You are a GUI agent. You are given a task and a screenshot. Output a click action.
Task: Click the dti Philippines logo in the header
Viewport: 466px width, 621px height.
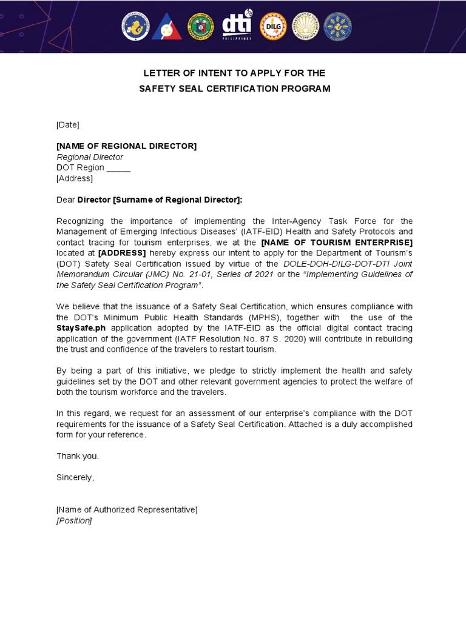[x=237, y=27]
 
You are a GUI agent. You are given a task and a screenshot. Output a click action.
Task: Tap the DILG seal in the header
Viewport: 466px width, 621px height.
[x=273, y=27]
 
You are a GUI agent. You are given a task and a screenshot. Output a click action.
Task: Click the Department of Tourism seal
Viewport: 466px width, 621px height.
[x=305, y=27]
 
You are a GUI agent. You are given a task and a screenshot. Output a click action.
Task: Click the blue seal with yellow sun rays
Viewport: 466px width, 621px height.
[x=337, y=27]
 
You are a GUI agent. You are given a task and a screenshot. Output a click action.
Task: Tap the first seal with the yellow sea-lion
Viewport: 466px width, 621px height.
[x=135, y=27]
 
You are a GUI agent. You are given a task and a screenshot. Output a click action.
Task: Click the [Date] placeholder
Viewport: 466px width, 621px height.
[x=68, y=125]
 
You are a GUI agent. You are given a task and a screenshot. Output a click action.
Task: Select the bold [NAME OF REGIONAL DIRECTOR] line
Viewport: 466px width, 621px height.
[x=126, y=146]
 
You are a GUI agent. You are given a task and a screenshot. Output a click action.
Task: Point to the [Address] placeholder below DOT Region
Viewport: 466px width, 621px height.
[x=75, y=178]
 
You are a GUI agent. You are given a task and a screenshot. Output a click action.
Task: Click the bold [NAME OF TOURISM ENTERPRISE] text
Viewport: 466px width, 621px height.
[x=337, y=243]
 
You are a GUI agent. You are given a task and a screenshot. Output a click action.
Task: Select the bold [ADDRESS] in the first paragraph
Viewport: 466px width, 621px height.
[x=122, y=253]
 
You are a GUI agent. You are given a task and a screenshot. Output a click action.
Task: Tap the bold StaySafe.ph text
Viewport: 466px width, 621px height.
[x=81, y=328]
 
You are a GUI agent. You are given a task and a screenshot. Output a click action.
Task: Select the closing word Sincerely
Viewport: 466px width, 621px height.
[x=75, y=477]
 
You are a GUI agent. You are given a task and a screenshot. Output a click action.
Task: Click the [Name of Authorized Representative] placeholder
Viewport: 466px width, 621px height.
[x=127, y=510]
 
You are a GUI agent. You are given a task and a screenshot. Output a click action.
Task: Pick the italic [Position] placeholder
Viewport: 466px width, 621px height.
[x=74, y=521]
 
